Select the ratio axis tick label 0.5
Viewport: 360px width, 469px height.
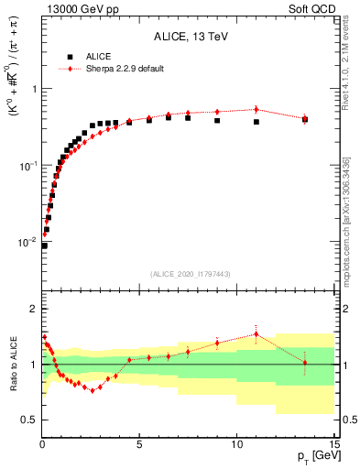click(28, 420)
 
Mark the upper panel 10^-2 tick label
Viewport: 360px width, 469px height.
click(27, 243)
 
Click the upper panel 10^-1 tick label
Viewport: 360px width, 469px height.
click(27, 166)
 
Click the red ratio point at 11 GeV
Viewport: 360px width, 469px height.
click(256, 333)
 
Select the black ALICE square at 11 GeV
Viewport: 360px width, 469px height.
click(256, 122)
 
